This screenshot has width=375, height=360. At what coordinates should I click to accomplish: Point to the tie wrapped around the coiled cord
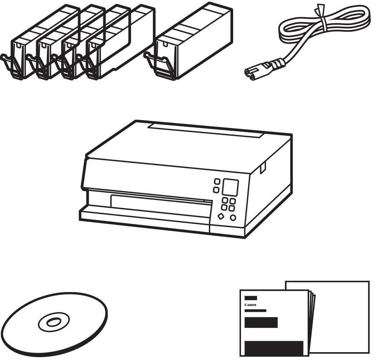coord(321,17)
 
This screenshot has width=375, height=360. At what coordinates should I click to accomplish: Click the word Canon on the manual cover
coord(250,305)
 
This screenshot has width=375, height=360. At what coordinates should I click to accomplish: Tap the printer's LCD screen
coord(230,187)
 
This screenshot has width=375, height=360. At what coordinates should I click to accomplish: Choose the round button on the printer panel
coord(233,218)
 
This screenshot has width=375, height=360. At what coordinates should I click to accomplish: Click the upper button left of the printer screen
coord(217,181)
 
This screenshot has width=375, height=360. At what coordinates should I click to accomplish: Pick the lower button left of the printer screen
coord(216,190)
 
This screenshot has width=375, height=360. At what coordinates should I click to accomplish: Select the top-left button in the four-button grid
coord(225,200)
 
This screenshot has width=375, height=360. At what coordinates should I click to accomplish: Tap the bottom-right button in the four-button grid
coord(231,209)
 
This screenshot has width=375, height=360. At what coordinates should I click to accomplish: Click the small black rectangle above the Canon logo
coord(251,298)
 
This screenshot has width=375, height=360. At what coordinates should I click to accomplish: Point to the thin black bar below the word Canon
coord(255,311)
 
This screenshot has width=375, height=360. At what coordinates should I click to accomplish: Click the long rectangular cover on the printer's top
coord(206,131)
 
